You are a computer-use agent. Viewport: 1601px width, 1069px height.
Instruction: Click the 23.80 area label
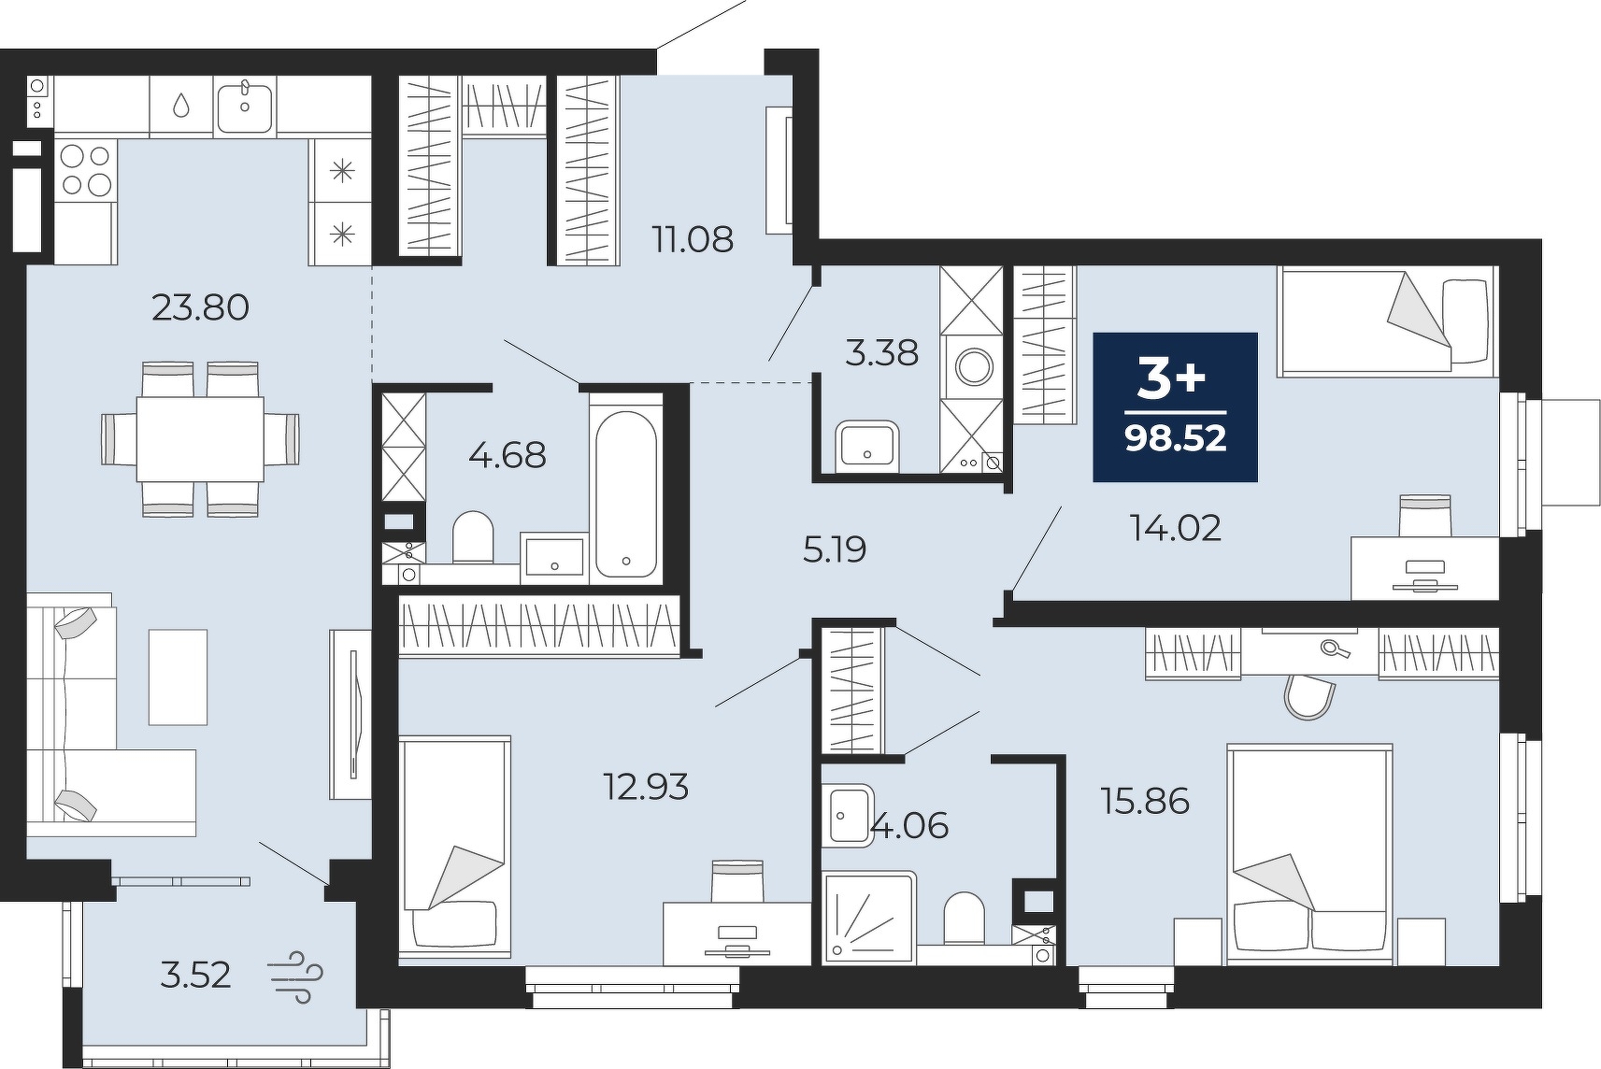coord(200,308)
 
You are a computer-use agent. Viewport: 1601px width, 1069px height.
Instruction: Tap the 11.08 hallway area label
coord(693,239)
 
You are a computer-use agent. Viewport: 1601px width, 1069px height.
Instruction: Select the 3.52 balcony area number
coord(195,975)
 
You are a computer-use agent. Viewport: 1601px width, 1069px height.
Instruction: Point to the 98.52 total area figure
coord(1176,437)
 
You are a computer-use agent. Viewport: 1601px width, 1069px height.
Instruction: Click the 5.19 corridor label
coord(834,549)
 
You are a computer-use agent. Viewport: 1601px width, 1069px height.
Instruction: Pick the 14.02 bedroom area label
coord(1176,528)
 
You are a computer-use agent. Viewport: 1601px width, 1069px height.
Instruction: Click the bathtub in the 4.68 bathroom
coord(626,493)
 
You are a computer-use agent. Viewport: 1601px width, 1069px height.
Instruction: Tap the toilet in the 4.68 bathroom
coord(473,537)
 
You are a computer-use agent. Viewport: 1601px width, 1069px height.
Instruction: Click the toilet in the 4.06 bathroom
coord(965,919)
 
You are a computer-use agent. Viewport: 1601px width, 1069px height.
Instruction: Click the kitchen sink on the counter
coord(245,107)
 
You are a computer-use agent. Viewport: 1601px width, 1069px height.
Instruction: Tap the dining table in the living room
coord(200,439)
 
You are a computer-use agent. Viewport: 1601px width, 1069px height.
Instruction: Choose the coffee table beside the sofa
coord(178,677)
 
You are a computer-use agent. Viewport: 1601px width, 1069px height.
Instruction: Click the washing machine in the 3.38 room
coord(973,367)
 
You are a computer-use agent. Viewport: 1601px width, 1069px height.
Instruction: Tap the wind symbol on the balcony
coord(295,977)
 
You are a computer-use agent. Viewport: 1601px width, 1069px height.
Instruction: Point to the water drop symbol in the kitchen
coord(181,107)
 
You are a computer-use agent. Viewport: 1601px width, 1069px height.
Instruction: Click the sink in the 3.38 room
coord(867,446)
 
